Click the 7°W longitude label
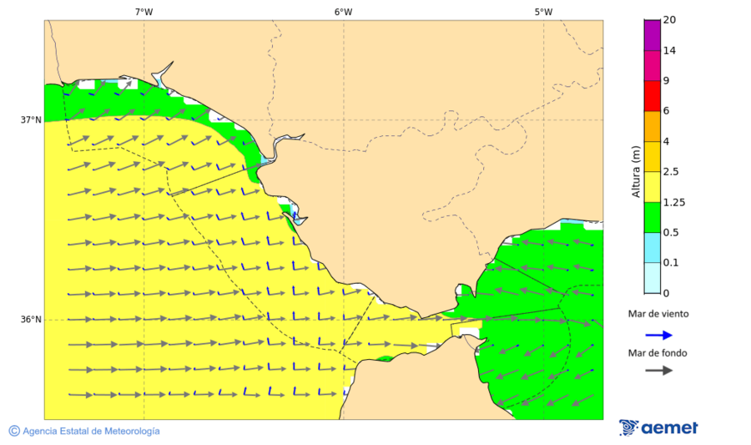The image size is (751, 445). pos(144,12)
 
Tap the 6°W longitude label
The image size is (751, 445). pos(343,12)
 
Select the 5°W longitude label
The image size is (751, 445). pos(543,12)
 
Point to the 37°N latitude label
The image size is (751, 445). pos(31,119)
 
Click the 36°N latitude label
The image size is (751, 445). pos(31,320)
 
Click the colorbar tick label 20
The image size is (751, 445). pos(668,20)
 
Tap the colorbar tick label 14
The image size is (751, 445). pos(668,50)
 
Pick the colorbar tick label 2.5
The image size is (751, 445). pos(670,172)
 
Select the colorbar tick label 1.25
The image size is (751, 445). pos(672,202)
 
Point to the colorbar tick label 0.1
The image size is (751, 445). pos(670,263)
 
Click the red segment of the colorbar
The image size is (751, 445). pos(652,96)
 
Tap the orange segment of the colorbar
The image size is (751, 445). pos(652,126)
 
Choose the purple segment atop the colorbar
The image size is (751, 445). pos(652,35)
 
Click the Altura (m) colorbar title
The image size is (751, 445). pos(636,172)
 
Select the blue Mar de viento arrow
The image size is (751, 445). pos(658,335)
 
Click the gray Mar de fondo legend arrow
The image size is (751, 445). pos(658,370)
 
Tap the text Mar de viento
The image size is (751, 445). pos(658,314)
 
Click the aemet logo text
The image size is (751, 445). pos(669,427)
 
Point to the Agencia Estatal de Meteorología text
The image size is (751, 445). pos(91,431)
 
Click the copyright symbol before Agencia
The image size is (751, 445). pos(14,431)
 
